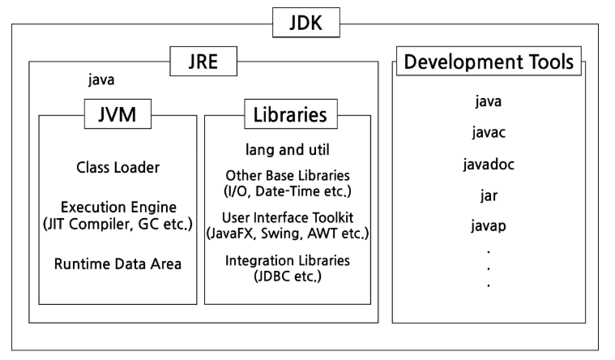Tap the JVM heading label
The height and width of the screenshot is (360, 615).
click(118, 115)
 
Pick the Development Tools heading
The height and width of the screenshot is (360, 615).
click(489, 61)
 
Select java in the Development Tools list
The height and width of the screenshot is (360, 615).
click(489, 102)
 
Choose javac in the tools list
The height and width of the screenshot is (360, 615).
click(489, 133)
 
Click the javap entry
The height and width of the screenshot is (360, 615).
click(489, 225)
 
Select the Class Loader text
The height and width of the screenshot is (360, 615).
click(118, 168)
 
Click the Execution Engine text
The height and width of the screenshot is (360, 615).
click(118, 208)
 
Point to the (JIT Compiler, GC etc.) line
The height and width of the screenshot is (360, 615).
click(118, 224)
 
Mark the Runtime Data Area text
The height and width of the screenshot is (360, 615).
click(118, 264)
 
